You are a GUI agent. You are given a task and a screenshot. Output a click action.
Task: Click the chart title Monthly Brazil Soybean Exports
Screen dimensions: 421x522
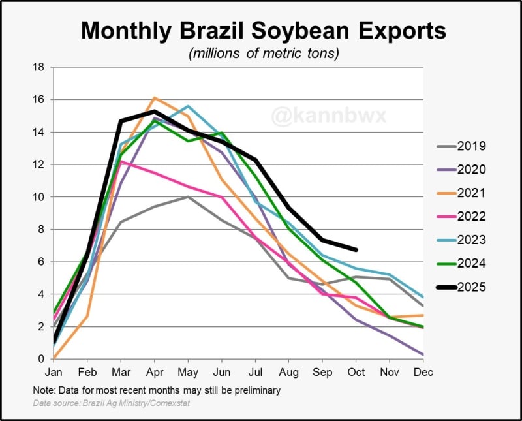pyautogui.click(x=263, y=30)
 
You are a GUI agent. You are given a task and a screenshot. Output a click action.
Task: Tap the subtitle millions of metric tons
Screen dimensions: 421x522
pyautogui.click(x=264, y=54)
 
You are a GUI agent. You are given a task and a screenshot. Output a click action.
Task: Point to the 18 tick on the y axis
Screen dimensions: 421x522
pyautogui.click(x=38, y=67)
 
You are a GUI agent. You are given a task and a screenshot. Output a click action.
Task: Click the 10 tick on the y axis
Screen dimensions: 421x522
pyautogui.click(x=38, y=197)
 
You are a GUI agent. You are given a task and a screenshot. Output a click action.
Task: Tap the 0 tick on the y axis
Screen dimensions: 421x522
pyautogui.click(x=41, y=359)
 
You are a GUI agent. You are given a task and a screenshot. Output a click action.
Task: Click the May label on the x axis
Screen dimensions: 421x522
pyautogui.click(x=188, y=371)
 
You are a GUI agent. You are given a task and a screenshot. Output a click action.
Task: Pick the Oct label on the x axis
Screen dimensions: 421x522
pyautogui.click(x=356, y=371)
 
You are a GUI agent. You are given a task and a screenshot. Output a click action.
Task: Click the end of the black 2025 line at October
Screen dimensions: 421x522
pyautogui.click(x=356, y=250)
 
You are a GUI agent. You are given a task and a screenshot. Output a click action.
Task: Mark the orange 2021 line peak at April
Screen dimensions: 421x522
pyautogui.click(x=154, y=98)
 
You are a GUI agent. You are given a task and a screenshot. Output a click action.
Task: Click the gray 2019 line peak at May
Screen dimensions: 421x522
pyautogui.click(x=188, y=196)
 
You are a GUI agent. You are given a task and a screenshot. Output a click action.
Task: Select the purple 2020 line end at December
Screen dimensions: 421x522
pyautogui.click(x=423, y=354)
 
